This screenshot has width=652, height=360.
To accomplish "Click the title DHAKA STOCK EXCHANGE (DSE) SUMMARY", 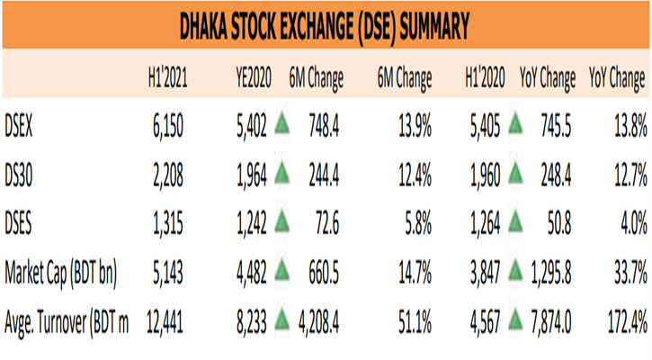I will [x=326, y=24].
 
